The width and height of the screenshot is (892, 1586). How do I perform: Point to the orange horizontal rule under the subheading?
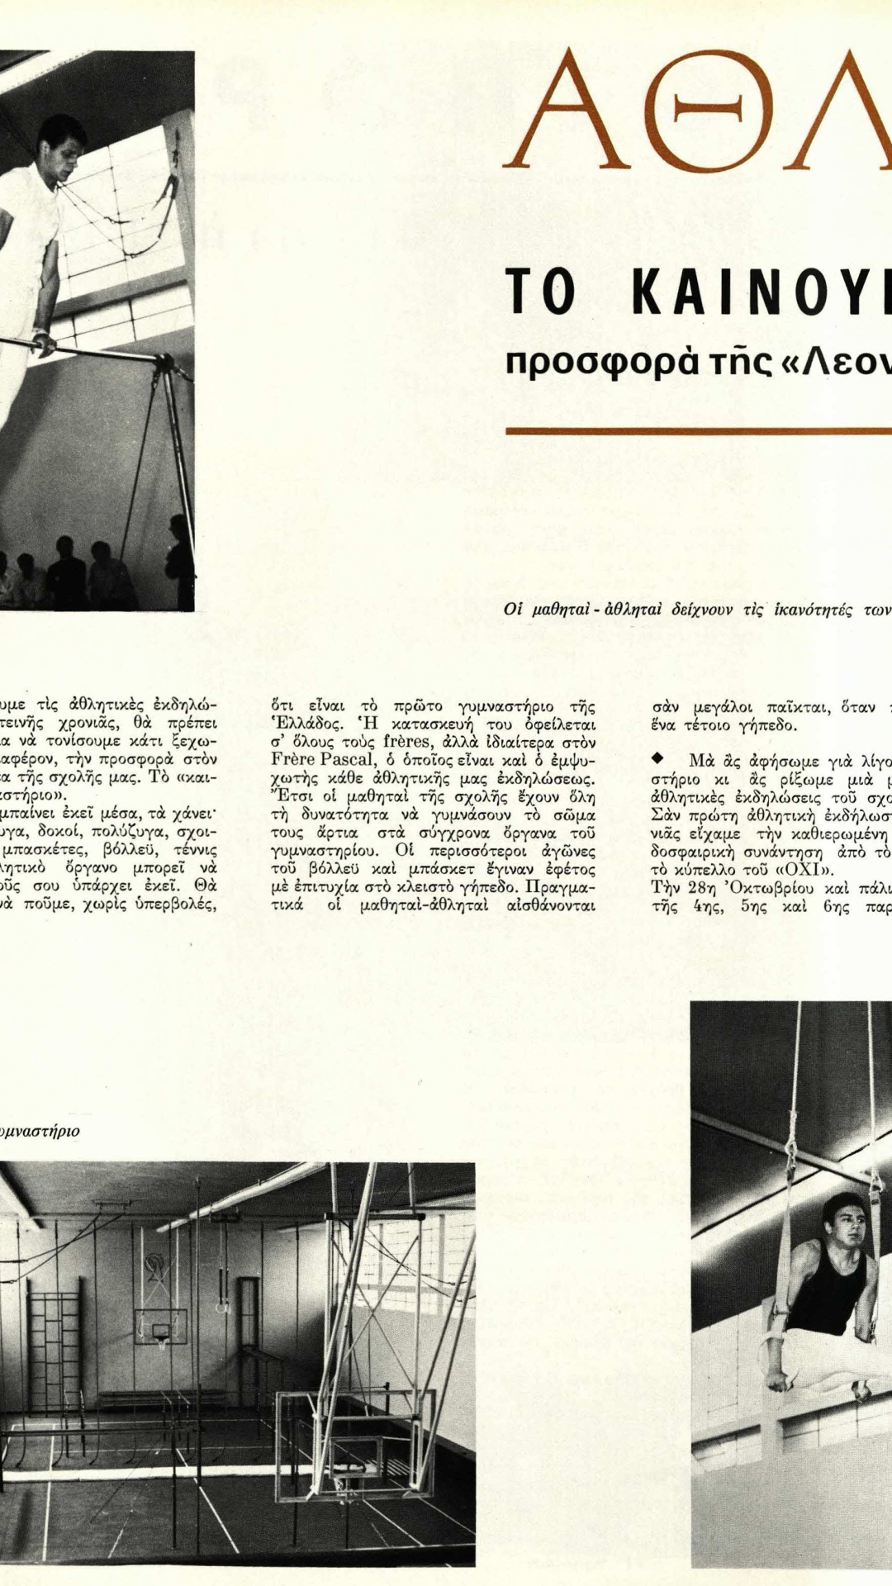point(698,430)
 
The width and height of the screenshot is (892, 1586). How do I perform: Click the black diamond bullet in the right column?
point(657,757)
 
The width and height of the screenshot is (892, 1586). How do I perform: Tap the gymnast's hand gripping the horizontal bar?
point(44,342)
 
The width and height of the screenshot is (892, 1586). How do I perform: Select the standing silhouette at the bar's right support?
point(180,562)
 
